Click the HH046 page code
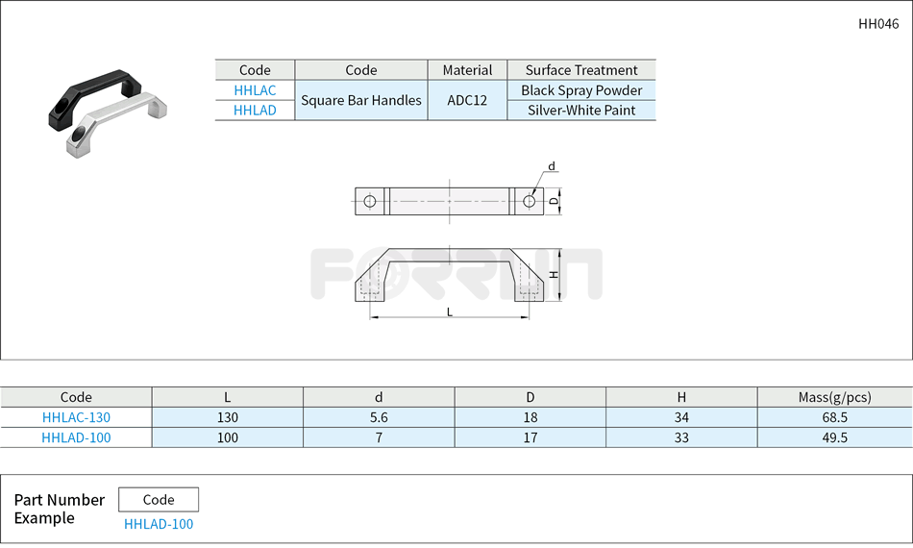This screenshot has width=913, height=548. click(x=878, y=24)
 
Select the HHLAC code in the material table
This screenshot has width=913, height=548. click(x=255, y=90)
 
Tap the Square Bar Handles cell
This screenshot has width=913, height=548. click(x=360, y=100)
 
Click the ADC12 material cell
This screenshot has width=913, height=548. click(x=467, y=100)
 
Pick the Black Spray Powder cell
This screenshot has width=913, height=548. click(x=581, y=90)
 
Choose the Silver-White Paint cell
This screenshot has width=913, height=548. click(x=581, y=111)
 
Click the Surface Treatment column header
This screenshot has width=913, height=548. click(x=581, y=70)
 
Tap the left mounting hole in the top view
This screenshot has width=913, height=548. click(x=369, y=201)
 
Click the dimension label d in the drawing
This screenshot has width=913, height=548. click(x=552, y=166)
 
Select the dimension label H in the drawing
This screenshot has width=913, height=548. click(x=554, y=274)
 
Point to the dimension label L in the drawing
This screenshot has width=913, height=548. click(x=449, y=311)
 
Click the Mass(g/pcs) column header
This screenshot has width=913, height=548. click(x=834, y=397)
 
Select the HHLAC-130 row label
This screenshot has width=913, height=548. click(x=76, y=417)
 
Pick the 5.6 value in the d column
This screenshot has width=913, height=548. click(x=379, y=417)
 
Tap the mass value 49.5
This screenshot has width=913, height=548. click(x=834, y=437)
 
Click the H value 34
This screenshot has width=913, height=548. click(x=681, y=417)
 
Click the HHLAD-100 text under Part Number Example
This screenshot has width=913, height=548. click(x=159, y=524)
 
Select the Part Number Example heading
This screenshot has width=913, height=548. click(x=59, y=509)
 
